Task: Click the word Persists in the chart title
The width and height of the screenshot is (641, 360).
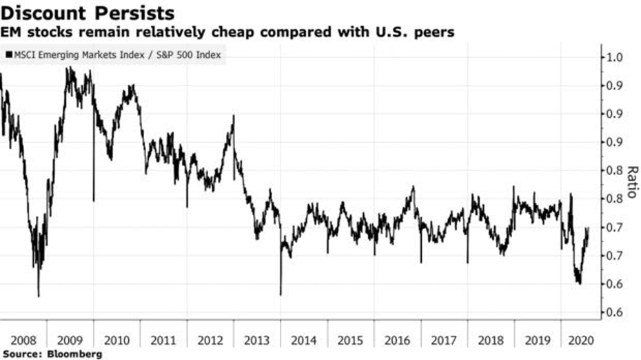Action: click(x=134, y=13)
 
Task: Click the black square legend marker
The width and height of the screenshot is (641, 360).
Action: click(x=9, y=54)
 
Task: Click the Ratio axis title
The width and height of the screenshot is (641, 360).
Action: click(x=631, y=182)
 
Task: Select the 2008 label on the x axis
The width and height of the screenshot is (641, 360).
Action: click(x=23, y=340)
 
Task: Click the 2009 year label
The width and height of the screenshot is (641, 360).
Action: click(x=70, y=340)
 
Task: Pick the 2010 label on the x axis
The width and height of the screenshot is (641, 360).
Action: click(x=117, y=340)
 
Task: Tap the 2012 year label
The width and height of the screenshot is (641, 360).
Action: click(x=210, y=340)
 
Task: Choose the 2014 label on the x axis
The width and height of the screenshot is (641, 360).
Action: click(x=304, y=340)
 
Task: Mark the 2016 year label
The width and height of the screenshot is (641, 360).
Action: click(x=398, y=340)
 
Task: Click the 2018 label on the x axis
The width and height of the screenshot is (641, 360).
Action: click(x=491, y=340)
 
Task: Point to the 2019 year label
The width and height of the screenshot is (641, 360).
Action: click(x=538, y=340)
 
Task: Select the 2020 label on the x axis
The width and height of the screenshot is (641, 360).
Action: click(x=579, y=340)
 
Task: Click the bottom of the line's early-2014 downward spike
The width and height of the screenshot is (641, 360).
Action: click(x=281, y=294)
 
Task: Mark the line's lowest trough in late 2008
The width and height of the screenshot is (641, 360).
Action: click(x=39, y=296)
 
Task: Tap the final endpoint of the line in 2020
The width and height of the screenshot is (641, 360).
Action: click(x=588, y=228)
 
